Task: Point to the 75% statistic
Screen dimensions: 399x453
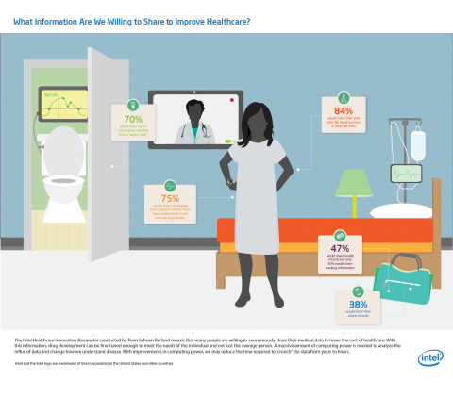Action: [x=170, y=199]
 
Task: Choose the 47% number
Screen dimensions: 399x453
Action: [x=341, y=248]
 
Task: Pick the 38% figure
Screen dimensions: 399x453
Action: [x=359, y=305]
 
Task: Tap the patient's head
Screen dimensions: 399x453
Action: [x=257, y=121]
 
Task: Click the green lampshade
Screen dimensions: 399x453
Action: [x=354, y=182]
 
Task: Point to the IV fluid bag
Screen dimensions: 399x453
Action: [x=417, y=146]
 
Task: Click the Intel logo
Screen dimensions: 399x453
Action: [x=429, y=358]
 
